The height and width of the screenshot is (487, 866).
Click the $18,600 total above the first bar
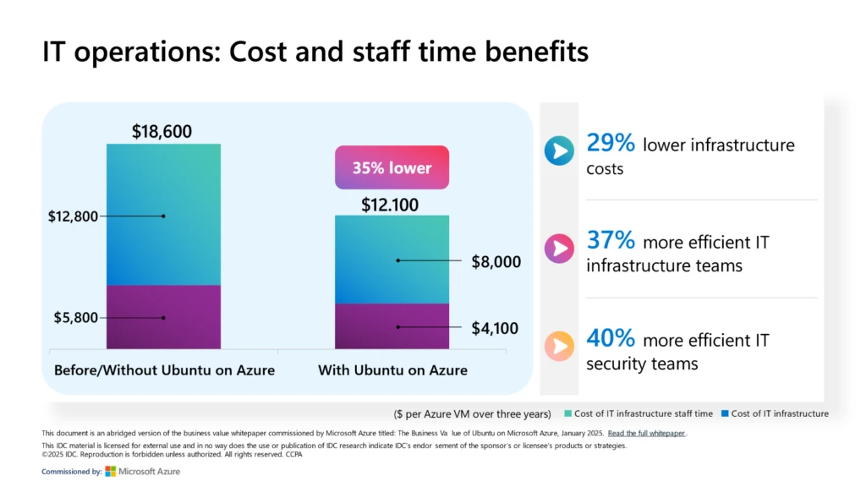tap(162, 131)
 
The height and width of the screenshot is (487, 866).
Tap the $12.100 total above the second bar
tap(392, 204)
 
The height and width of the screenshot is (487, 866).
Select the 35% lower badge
tap(392, 167)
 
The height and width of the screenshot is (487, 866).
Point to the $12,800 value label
tap(73, 216)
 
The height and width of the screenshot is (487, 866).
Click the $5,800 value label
tap(75, 318)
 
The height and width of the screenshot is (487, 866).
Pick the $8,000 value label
tap(496, 262)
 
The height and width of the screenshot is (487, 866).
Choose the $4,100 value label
tap(495, 328)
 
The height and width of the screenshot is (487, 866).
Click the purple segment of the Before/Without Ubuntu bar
tap(163, 316)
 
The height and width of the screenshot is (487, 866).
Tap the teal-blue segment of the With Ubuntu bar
tap(392, 259)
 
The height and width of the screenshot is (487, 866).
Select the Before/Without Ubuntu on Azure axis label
tap(164, 370)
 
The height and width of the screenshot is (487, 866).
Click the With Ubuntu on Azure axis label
tap(392, 370)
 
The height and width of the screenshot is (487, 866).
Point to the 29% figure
tap(610, 145)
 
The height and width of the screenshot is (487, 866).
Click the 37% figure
tap(610, 241)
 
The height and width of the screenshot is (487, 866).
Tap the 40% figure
tap(610, 338)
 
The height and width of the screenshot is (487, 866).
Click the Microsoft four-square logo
tap(111, 471)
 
